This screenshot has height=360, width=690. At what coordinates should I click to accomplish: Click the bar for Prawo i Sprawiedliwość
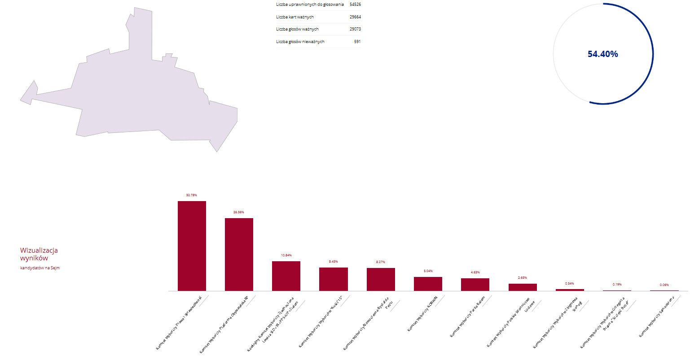[x=192, y=246]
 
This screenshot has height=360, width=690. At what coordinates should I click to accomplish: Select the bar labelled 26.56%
[x=239, y=255]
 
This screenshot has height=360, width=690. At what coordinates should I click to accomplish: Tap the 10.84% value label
[x=286, y=255]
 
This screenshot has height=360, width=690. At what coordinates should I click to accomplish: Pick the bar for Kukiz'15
[x=333, y=279]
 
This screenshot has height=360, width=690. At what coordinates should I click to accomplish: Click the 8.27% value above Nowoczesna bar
[x=380, y=262]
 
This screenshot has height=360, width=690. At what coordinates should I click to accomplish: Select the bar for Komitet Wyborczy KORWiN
[x=428, y=284]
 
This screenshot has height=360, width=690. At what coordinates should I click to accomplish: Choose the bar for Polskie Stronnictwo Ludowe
[x=523, y=287]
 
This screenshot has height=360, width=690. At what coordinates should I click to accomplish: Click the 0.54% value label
[x=569, y=283]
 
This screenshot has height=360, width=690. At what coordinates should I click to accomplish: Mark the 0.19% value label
[x=617, y=284]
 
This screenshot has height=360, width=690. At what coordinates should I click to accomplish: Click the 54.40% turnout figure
[x=602, y=54]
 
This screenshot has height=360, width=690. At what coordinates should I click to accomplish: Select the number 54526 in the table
[x=355, y=4]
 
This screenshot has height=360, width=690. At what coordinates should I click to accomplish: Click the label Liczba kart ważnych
[x=295, y=17]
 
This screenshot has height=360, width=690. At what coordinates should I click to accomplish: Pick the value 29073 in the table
[x=355, y=29]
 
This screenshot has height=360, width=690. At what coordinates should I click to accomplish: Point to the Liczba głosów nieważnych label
[x=300, y=42]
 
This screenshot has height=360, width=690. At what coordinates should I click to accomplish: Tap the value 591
[x=357, y=42]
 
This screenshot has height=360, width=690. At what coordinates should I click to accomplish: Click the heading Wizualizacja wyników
[x=39, y=254]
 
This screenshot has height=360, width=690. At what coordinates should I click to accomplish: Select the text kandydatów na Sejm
[x=40, y=268]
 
